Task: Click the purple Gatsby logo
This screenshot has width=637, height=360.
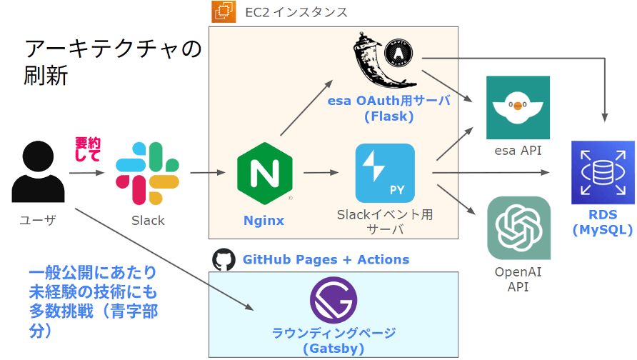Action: click(333, 301)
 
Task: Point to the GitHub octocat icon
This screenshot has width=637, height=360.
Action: click(224, 259)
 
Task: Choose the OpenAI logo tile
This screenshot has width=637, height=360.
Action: click(518, 228)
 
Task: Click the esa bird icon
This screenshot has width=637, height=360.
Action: click(518, 107)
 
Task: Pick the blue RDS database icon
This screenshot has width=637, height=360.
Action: click(603, 172)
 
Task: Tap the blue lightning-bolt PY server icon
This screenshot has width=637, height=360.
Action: click(385, 173)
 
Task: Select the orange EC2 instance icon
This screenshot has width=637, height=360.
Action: click(223, 12)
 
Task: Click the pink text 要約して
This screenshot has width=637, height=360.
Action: click(89, 149)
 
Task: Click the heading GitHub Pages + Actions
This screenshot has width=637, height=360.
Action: click(326, 259)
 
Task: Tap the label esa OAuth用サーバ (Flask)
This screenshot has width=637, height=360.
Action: click(389, 108)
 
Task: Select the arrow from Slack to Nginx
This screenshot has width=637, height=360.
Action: click(208, 172)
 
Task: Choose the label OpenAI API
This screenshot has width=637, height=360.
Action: click(518, 279)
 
